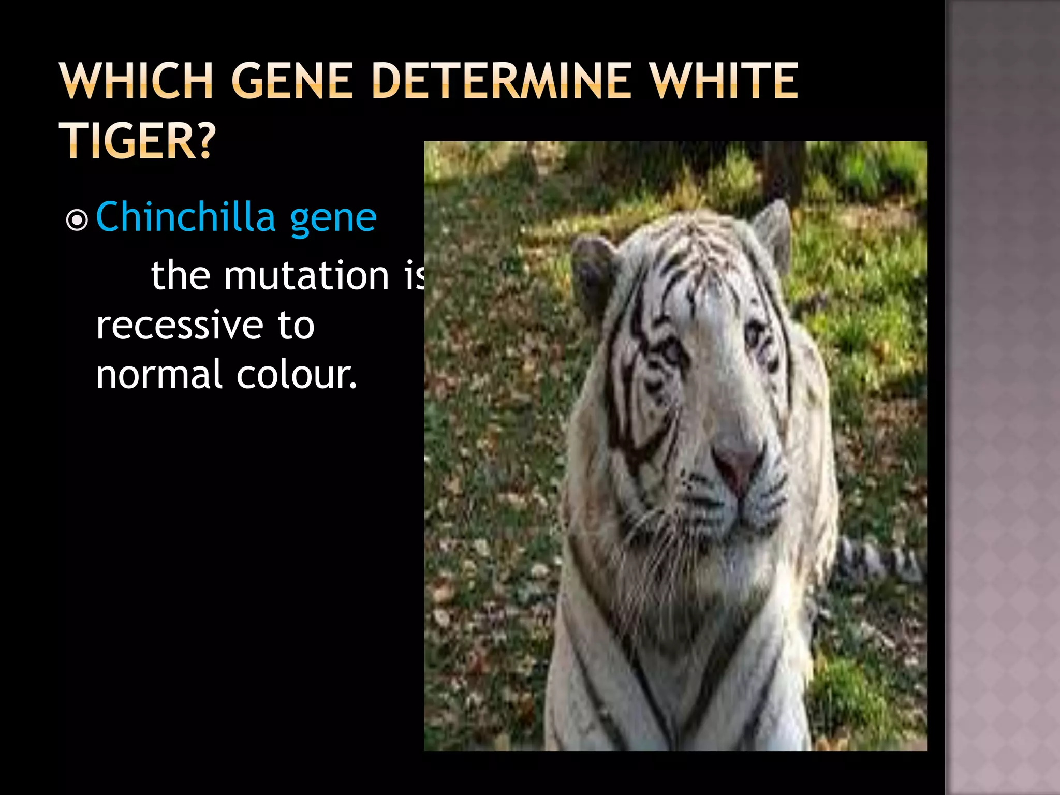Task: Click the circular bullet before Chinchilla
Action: [77, 220]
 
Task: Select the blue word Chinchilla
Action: [185, 217]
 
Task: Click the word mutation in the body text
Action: [306, 275]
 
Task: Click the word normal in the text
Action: [159, 375]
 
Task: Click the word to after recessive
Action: [296, 326]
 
